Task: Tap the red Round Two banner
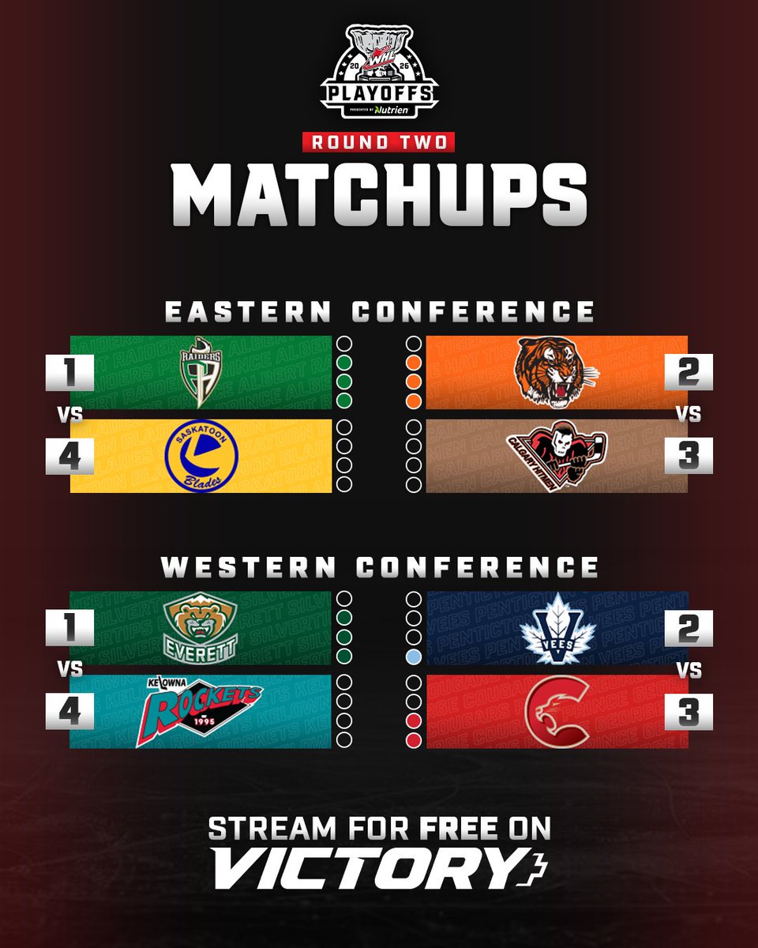pos(379,142)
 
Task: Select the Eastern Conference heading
pos(379,311)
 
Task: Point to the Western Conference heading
pos(379,567)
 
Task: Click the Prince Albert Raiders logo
pos(201,372)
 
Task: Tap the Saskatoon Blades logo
pos(201,456)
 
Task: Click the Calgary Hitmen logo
pos(556,456)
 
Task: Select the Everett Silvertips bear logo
pos(201,628)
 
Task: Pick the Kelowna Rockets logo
pos(201,711)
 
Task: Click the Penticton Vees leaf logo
pos(557,628)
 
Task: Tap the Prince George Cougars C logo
pos(557,711)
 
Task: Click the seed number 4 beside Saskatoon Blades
pos(69,456)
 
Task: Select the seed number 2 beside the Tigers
pos(689,372)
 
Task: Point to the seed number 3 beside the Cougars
pos(689,711)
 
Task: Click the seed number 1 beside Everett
pos(69,628)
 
